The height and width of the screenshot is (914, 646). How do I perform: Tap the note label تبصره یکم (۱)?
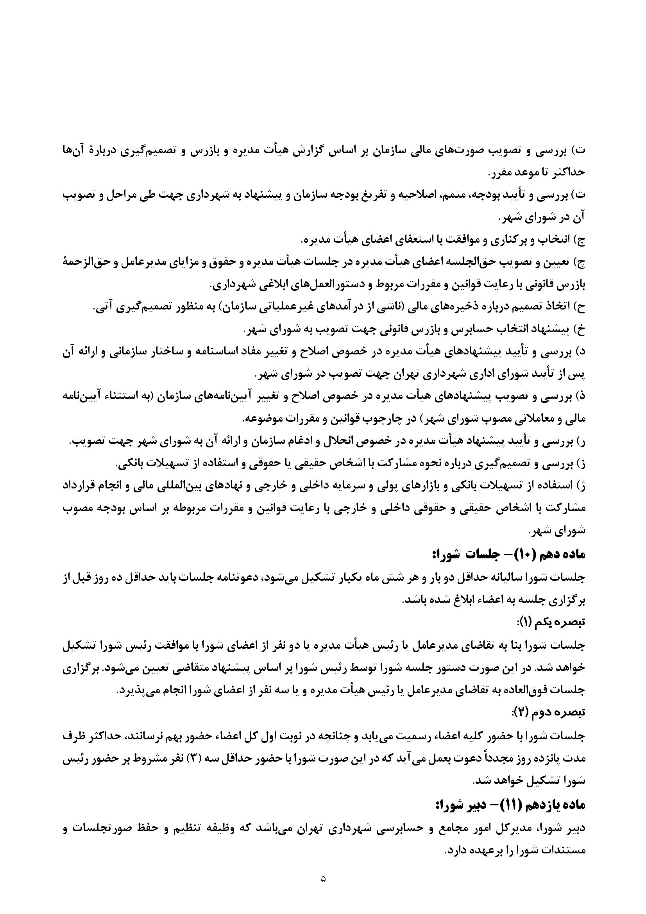click(551, 622)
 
